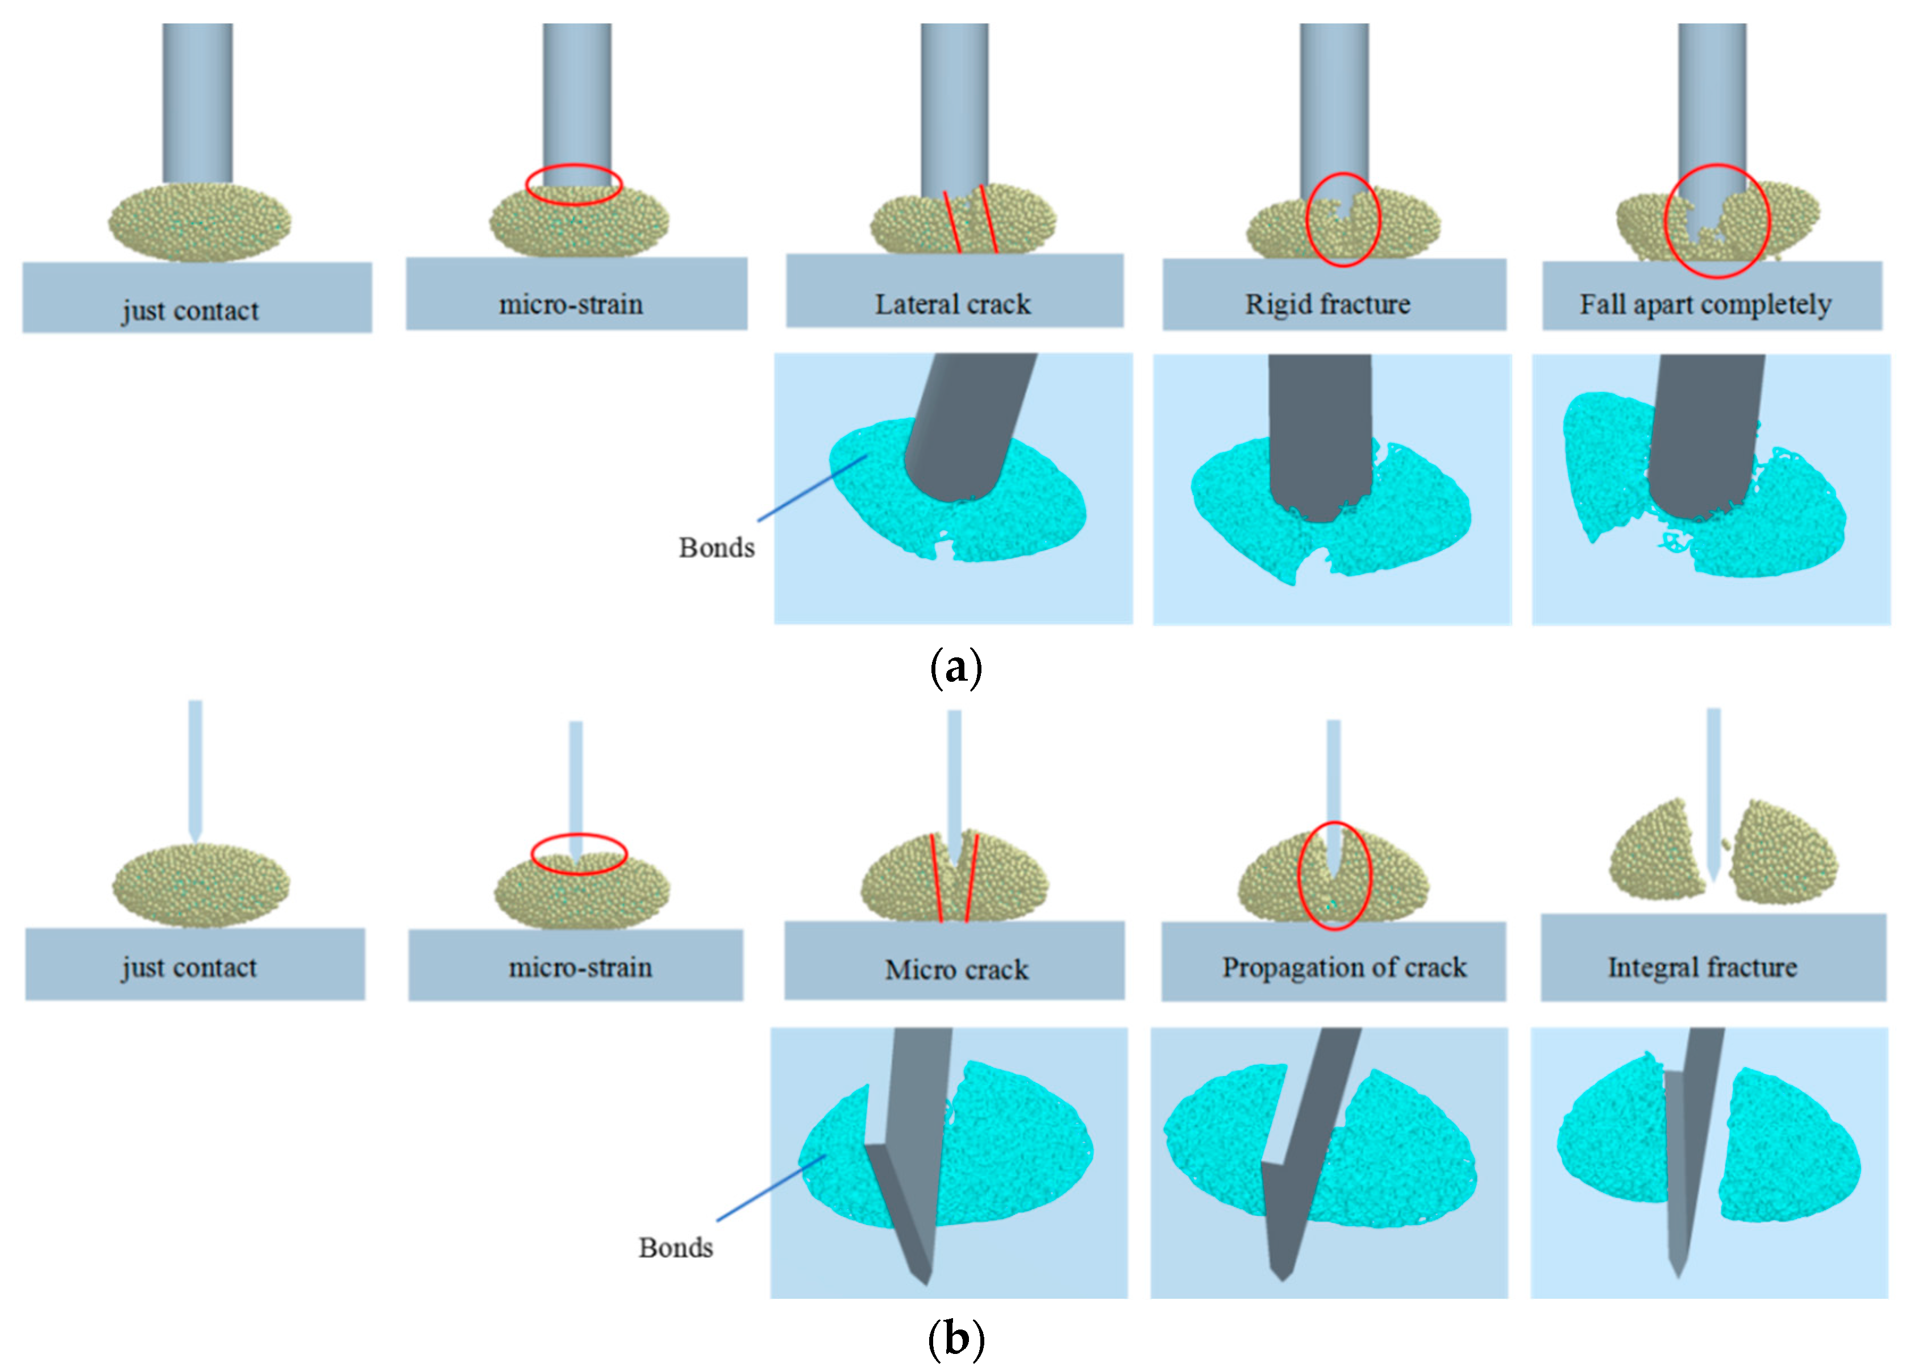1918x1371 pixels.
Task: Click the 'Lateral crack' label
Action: [x=952, y=304]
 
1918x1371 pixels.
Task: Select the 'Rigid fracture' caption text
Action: [x=1328, y=304]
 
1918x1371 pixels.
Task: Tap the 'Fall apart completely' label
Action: [x=1705, y=304]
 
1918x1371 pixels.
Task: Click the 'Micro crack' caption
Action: [x=956, y=969]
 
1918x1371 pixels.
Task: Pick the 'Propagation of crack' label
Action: [x=1344, y=968]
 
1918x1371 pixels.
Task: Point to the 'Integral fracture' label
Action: [x=1702, y=968]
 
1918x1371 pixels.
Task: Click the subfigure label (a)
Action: [x=956, y=669]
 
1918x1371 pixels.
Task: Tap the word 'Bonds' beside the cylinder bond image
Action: [x=716, y=548]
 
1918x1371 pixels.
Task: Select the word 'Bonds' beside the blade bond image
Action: [x=675, y=1248]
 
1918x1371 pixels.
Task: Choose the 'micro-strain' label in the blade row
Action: [x=580, y=968]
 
